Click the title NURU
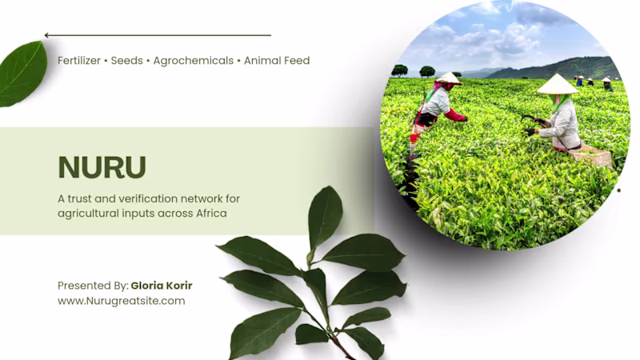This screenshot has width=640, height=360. [102, 167]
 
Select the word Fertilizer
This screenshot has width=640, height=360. [78, 61]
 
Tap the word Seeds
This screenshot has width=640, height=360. [127, 61]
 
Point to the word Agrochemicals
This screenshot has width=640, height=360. [194, 61]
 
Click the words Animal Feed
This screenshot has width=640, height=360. [277, 61]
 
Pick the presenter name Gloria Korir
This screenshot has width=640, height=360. [162, 286]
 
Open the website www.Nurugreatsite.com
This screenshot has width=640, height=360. [122, 301]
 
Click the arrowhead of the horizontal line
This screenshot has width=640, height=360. [47, 35]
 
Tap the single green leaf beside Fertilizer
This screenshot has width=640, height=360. [22, 74]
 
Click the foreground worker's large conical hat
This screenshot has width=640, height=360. [557, 85]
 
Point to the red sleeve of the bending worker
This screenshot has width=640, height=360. [455, 115]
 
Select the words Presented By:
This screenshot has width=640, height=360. [93, 286]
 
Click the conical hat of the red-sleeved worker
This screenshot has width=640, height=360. [449, 78]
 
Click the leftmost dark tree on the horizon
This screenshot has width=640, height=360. [399, 70]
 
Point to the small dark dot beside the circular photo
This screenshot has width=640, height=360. [618, 190]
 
